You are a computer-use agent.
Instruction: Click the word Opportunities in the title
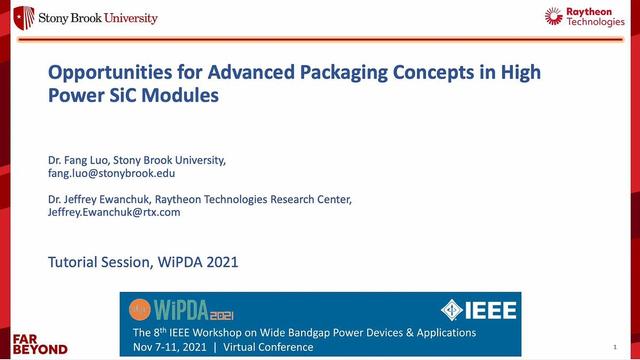point(102,74)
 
